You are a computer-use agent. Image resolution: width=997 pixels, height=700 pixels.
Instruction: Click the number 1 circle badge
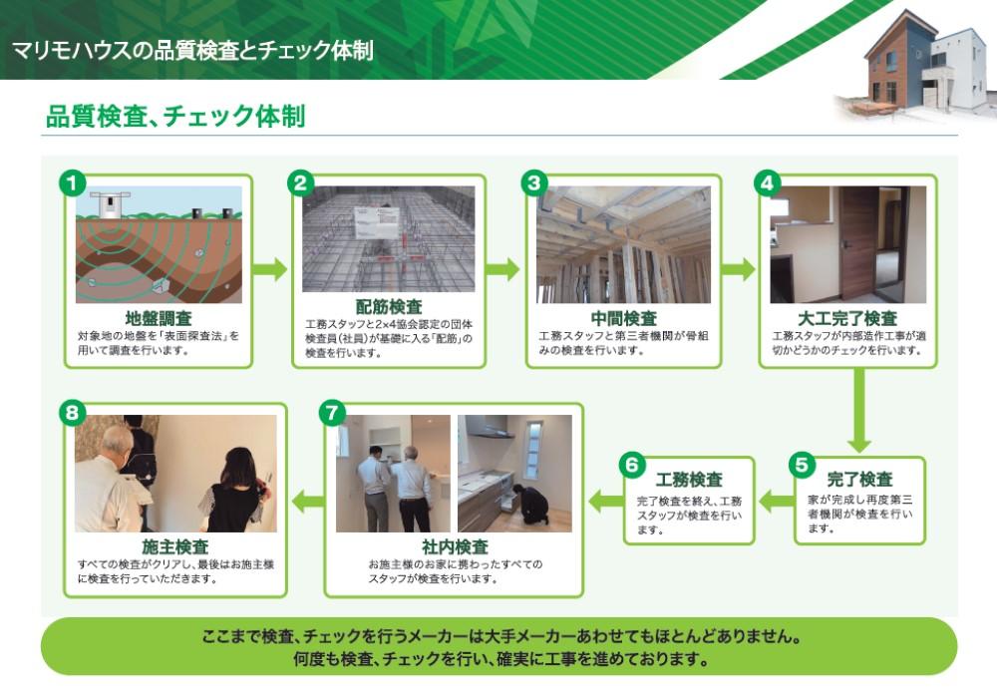pyautogui.click(x=73, y=183)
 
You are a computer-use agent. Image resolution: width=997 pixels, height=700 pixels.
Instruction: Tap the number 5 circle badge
pyautogui.click(x=802, y=465)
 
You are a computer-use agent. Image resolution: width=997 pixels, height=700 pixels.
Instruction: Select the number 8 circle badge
pyautogui.click(x=73, y=413)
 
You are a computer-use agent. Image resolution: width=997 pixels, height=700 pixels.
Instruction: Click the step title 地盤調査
pyautogui.click(x=159, y=318)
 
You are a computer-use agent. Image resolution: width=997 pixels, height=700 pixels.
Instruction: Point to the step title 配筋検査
pyautogui.click(x=389, y=306)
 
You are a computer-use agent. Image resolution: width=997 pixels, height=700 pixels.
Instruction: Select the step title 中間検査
pyautogui.click(x=624, y=318)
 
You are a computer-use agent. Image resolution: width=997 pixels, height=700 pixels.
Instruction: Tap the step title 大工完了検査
pyautogui.click(x=847, y=318)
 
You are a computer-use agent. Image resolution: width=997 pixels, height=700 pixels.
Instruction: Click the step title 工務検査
pyautogui.click(x=689, y=480)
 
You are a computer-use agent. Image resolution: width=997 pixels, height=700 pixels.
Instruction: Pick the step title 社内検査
pyautogui.click(x=455, y=546)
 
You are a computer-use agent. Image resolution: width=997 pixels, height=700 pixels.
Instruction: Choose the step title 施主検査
pyautogui.click(x=174, y=546)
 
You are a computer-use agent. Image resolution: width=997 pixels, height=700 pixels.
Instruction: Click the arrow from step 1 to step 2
pyautogui.click(x=270, y=269)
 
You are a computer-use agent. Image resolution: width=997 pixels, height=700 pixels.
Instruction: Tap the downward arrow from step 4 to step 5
pyautogui.click(x=859, y=410)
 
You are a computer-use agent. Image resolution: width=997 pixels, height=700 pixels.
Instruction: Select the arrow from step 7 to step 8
pyautogui.click(x=308, y=502)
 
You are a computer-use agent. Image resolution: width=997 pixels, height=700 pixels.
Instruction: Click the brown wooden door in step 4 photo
pyautogui.click(x=856, y=244)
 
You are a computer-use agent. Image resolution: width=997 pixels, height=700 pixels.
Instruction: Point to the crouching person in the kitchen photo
pyautogui.click(x=531, y=506)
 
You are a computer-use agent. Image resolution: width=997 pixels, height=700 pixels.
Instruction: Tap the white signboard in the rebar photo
pyautogui.click(x=377, y=222)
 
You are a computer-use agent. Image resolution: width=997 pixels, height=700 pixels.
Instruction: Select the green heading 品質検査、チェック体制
pyautogui.click(x=175, y=117)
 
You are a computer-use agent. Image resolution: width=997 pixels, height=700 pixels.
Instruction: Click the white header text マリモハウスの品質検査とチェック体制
pyautogui.click(x=192, y=50)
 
